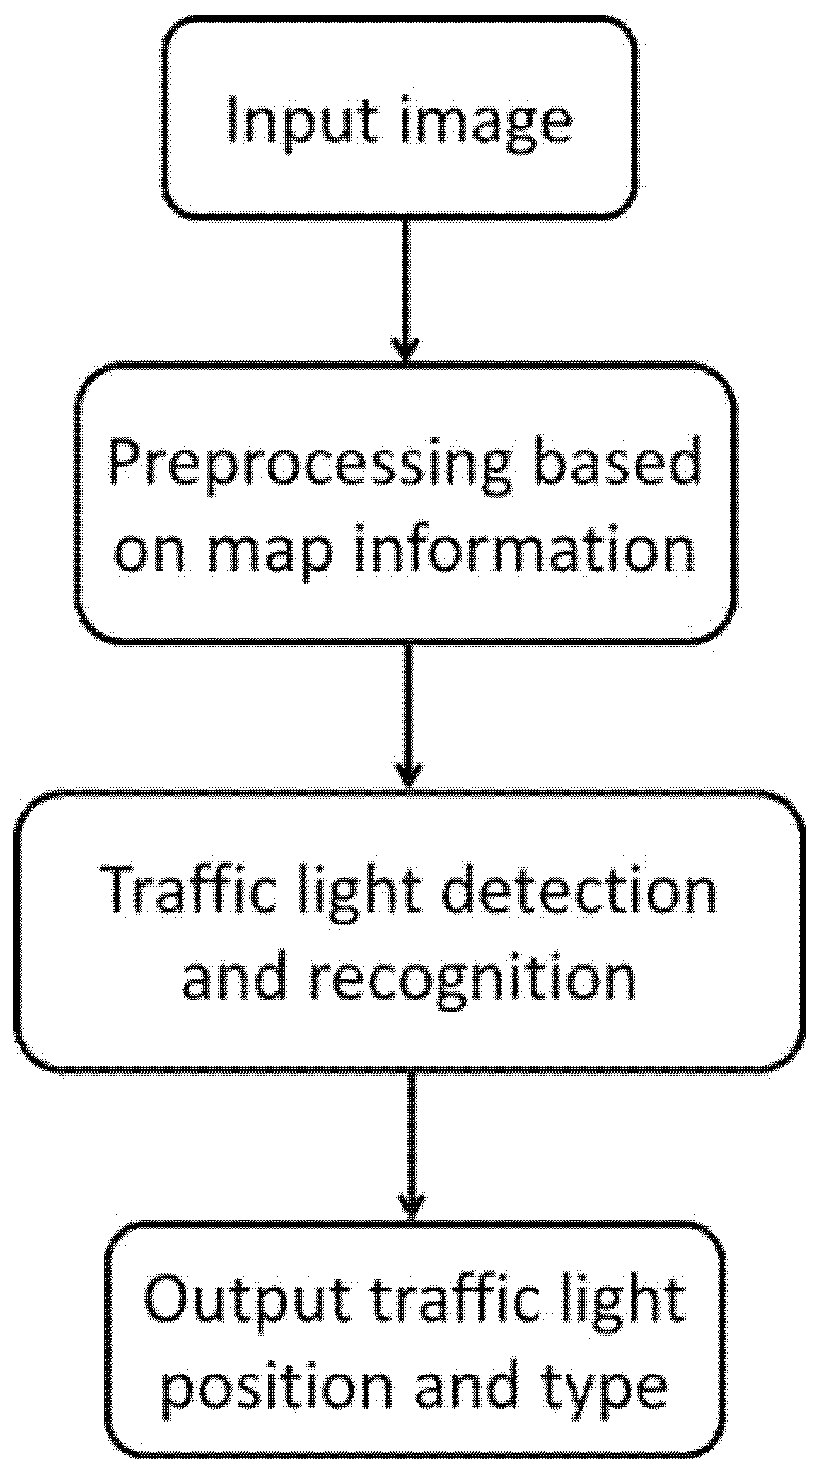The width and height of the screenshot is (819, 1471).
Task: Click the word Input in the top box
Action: click(x=303, y=121)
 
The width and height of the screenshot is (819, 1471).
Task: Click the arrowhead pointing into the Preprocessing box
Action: click(x=406, y=351)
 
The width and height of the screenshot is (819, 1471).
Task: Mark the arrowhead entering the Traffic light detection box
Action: click(x=409, y=775)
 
